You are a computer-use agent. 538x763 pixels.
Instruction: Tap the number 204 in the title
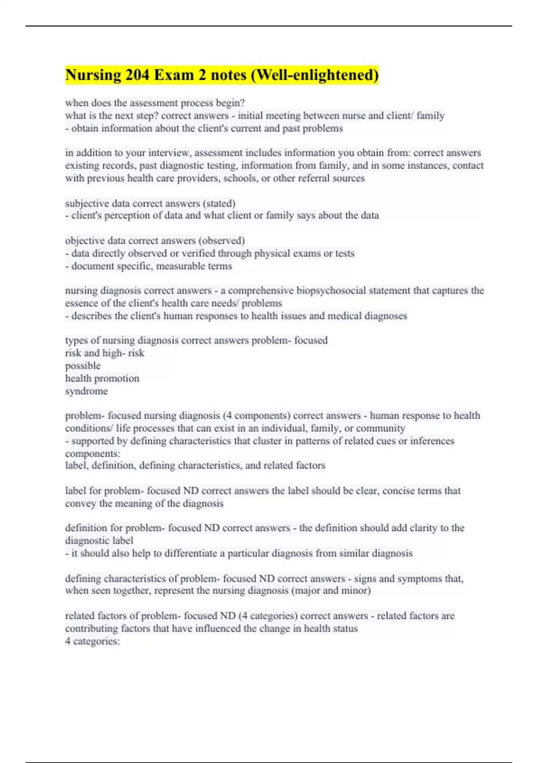[x=137, y=75]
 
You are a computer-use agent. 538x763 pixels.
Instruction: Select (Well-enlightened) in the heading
[x=315, y=75]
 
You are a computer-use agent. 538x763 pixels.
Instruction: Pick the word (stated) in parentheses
[x=219, y=203]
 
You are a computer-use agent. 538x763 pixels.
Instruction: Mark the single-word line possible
[x=83, y=366]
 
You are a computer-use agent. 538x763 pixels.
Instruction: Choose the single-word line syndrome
[x=87, y=391]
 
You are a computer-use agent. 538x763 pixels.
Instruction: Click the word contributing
[x=92, y=629]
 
